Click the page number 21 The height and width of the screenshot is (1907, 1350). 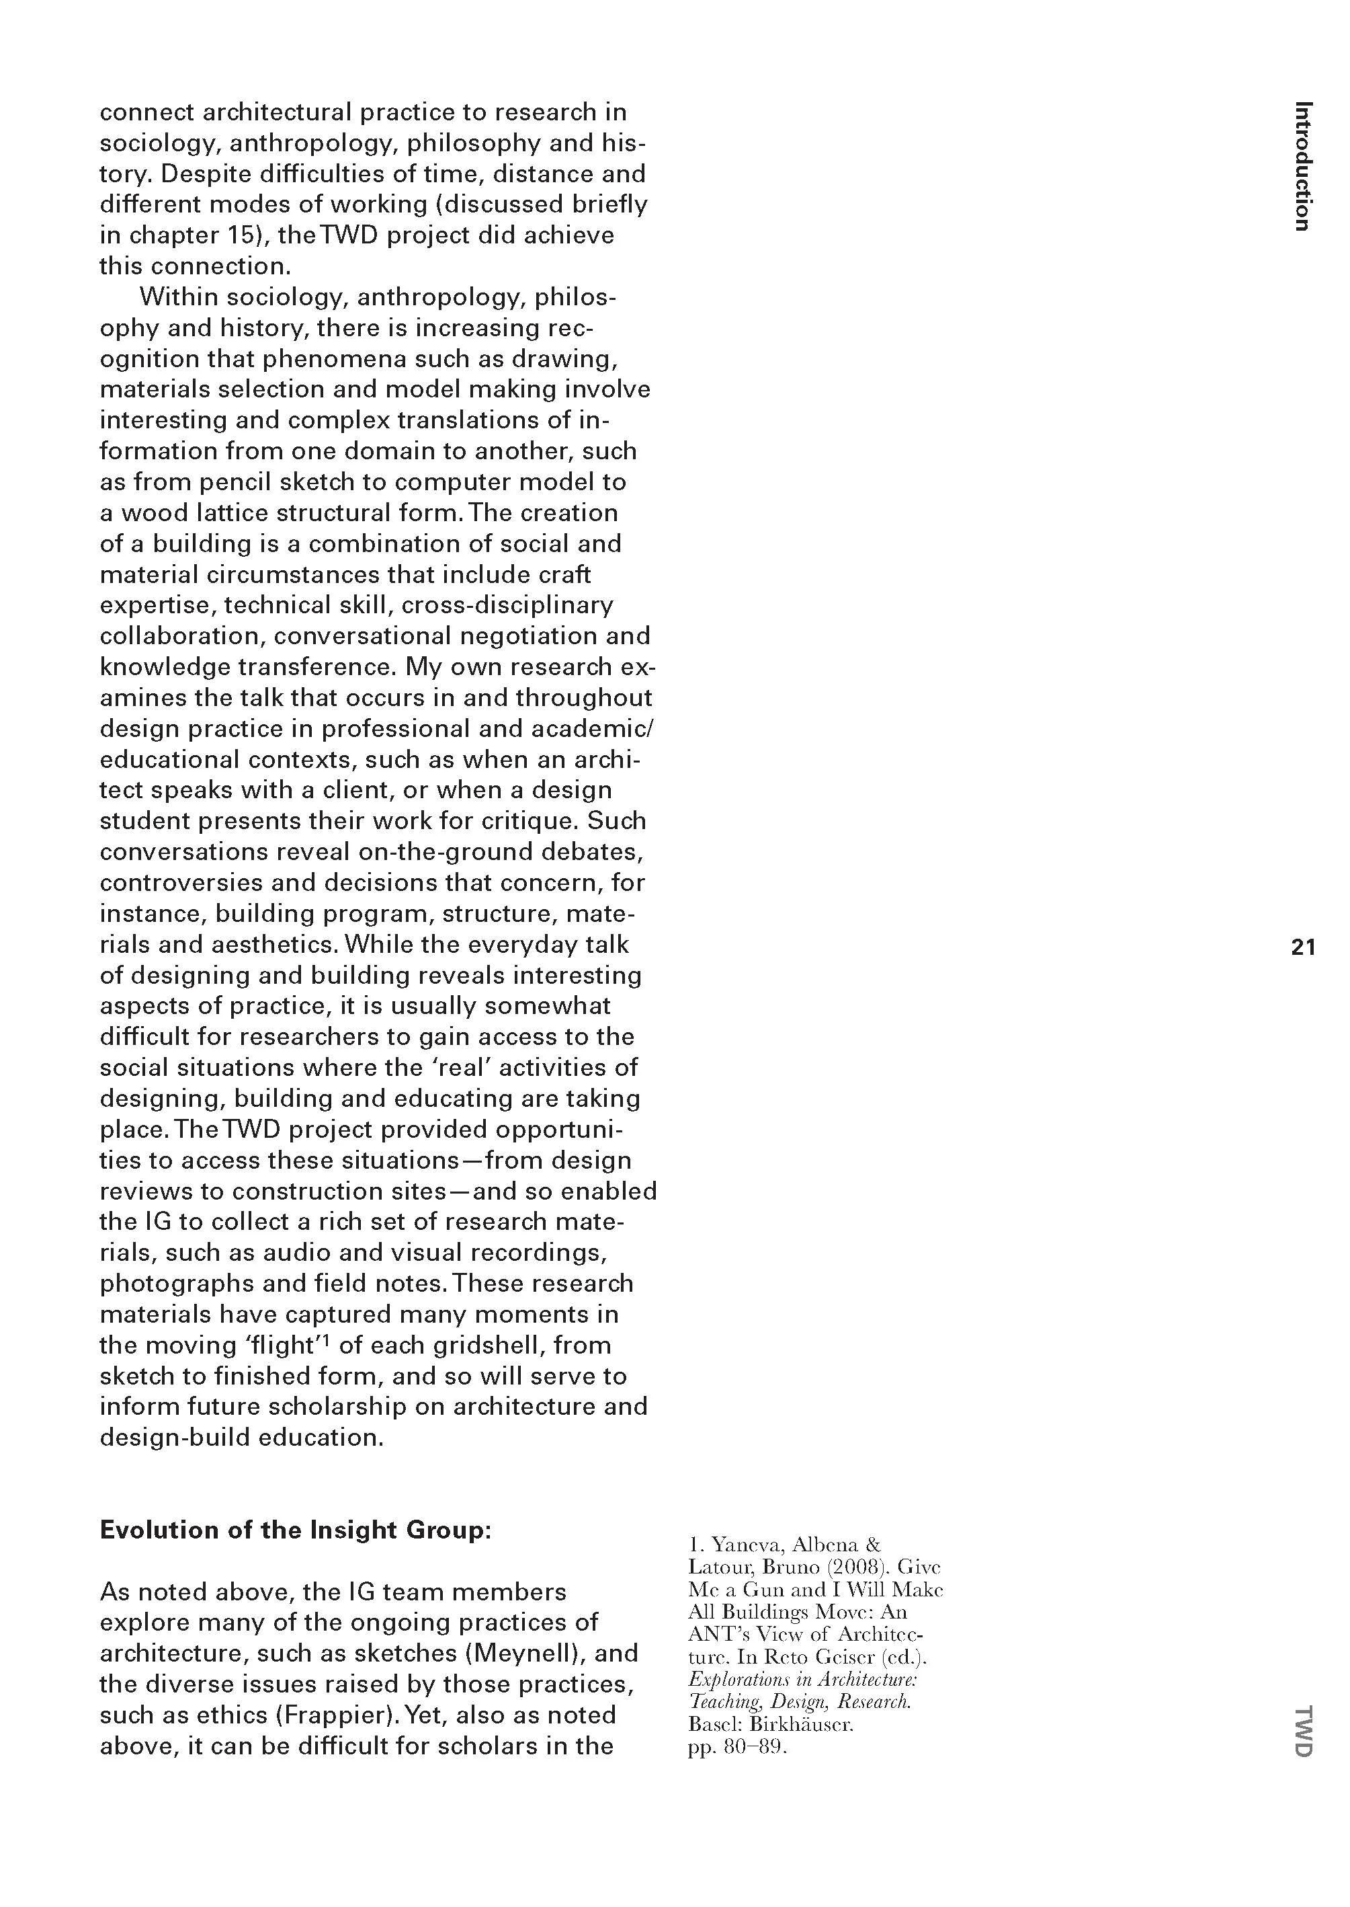pyautogui.click(x=1302, y=946)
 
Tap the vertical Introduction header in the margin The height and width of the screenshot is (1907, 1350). pyautogui.click(x=1302, y=165)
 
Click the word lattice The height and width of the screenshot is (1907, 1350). pyautogui.click(x=230, y=512)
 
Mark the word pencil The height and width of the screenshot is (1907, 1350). pyautogui.click(x=236, y=481)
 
